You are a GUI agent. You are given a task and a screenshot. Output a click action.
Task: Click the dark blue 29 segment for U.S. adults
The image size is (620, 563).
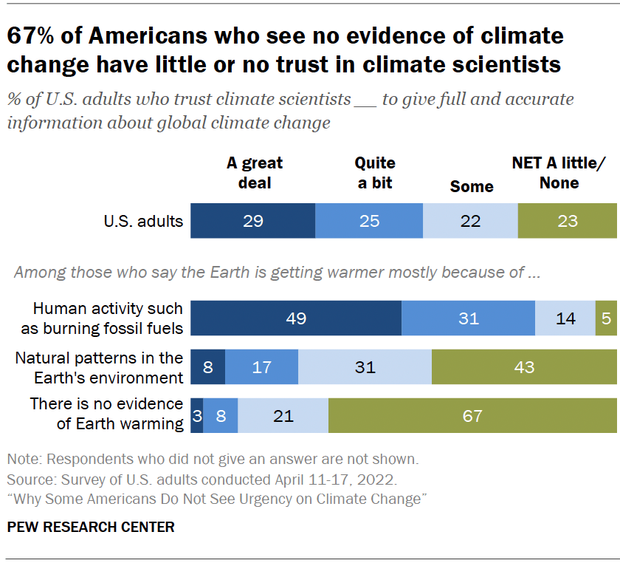253,220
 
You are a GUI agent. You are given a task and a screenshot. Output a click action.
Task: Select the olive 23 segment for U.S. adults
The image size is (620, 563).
567,220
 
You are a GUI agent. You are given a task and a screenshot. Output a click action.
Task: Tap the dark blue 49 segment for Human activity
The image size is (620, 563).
296,318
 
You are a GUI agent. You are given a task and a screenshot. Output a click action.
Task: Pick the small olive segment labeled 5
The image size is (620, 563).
605,318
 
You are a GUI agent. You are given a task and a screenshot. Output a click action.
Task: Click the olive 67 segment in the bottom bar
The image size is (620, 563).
472,415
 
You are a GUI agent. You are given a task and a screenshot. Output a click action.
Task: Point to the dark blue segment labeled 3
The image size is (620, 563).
197,415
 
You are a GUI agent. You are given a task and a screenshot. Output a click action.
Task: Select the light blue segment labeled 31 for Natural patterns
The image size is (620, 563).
365,366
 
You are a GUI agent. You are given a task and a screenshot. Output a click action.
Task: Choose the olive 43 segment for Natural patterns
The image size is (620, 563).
524,366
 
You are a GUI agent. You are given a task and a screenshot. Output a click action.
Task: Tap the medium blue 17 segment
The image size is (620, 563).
261,366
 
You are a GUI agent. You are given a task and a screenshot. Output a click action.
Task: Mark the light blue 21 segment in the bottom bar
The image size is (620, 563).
283,415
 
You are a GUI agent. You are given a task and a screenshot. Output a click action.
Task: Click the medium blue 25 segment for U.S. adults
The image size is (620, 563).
369,220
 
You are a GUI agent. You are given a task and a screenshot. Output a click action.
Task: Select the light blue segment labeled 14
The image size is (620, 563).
565,318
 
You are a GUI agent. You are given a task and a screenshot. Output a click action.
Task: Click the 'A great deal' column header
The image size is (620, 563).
255,173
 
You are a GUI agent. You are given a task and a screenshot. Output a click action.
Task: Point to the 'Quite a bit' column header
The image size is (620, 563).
375,173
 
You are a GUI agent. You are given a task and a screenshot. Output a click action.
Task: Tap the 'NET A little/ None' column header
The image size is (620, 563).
559,173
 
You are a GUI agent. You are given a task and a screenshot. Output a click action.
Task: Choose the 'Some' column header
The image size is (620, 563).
472,186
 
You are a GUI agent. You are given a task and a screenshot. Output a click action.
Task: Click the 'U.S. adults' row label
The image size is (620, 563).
144,220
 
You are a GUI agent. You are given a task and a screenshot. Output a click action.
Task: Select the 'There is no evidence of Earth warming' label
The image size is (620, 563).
106,414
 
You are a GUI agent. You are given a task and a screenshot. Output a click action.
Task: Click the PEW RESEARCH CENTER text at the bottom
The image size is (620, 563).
91,527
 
